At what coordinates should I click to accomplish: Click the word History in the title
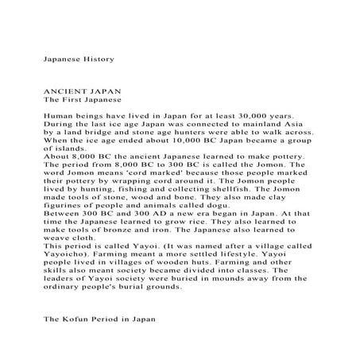[96, 60]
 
